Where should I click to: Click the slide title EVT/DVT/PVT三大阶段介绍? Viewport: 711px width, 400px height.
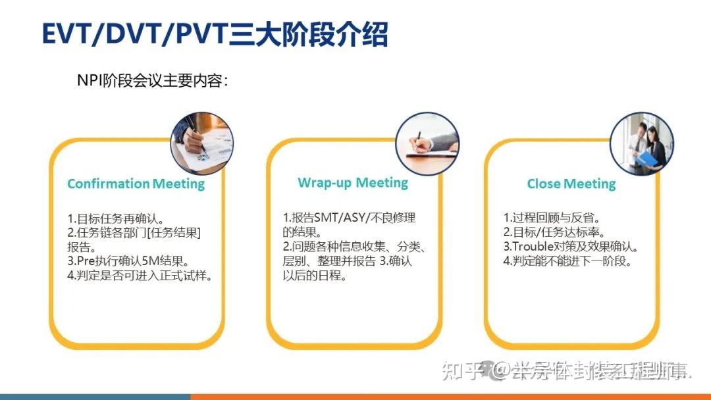coord(215,35)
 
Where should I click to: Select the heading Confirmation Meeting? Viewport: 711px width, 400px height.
coord(136,184)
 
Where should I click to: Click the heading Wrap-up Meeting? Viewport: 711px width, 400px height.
coord(353,182)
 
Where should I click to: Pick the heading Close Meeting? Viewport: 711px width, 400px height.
coord(571,184)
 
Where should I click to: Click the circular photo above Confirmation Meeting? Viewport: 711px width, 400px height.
coord(201,143)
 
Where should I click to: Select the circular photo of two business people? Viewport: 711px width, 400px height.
coord(641,143)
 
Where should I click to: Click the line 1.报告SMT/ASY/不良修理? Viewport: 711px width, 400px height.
coord(350,218)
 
